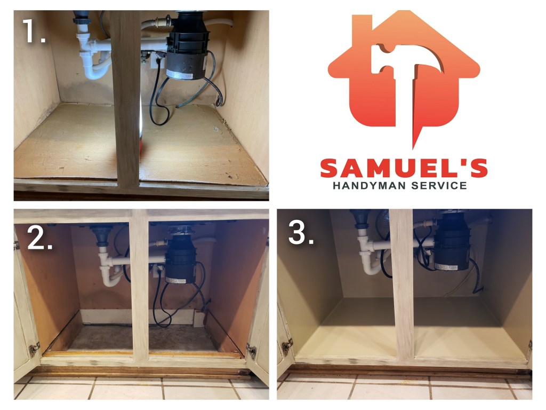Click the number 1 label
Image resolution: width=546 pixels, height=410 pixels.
click(x=34, y=31)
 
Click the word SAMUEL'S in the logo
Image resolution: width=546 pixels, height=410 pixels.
click(x=404, y=168)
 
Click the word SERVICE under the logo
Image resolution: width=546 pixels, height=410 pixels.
click(x=439, y=186)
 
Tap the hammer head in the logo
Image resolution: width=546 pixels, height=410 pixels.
click(x=407, y=59)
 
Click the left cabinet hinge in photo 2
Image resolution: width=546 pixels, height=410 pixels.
click(x=34, y=349)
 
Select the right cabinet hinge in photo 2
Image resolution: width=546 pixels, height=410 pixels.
click(x=252, y=351)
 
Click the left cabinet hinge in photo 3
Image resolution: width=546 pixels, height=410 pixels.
click(x=287, y=346)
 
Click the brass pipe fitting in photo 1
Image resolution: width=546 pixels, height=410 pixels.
click(x=163, y=22)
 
